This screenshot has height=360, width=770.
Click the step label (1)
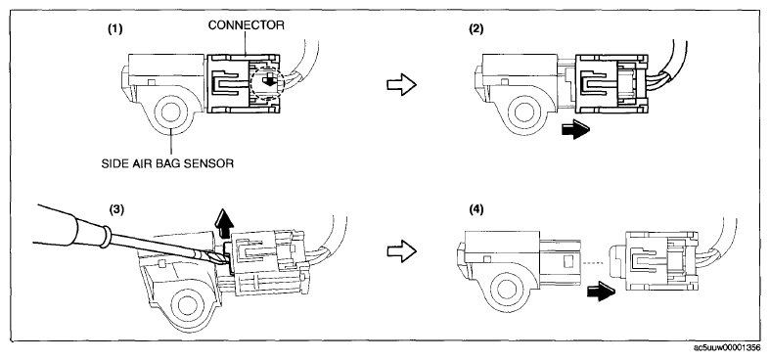114,29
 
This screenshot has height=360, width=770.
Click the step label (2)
476,29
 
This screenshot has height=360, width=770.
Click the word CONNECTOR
246,25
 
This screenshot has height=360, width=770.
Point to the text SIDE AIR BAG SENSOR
167,163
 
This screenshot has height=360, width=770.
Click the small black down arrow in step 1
269,80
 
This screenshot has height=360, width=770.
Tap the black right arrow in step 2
575,130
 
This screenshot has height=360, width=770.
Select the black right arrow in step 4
601,292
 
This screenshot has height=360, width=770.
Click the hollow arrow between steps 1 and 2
402,85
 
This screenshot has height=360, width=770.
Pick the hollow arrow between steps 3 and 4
402,251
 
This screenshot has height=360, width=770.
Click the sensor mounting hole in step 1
170,113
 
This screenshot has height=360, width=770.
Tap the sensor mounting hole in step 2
524,112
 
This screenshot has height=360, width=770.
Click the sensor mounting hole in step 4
506,290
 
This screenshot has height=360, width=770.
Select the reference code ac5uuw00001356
727,347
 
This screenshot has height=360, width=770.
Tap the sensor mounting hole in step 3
186,305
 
